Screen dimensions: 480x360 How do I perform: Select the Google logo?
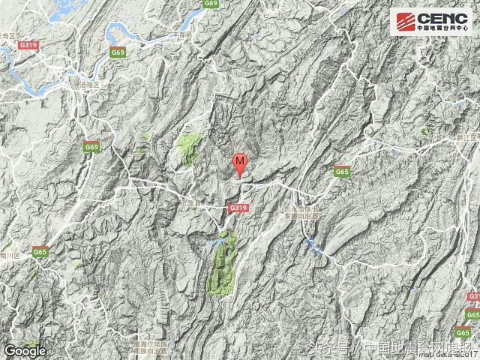[x=25, y=349]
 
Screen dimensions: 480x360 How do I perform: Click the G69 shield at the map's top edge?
[x=210, y=4]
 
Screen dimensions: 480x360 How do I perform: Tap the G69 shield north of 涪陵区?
[x=117, y=52]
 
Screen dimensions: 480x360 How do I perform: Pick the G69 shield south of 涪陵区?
[x=91, y=148]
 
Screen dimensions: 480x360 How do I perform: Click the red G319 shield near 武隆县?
[x=238, y=206]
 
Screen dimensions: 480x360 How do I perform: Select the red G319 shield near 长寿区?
[x=29, y=46]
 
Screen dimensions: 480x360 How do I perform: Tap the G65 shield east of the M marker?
[x=342, y=172]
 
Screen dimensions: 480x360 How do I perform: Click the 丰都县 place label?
[x=181, y=35]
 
